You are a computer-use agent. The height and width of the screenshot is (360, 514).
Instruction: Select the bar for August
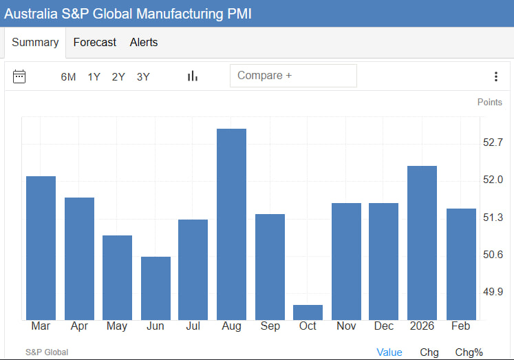click(231, 224)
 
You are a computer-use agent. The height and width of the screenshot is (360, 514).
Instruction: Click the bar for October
click(308, 313)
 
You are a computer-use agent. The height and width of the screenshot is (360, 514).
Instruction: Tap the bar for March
click(41, 248)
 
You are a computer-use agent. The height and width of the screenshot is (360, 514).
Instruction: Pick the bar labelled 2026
click(422, 243)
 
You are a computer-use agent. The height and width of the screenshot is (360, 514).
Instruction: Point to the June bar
click(156, 288)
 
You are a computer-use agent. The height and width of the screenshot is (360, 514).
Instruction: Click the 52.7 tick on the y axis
click(493, 143)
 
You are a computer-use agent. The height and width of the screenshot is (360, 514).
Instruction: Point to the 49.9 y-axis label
click(493, 292)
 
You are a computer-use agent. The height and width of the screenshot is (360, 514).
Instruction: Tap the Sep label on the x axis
click(270, 326)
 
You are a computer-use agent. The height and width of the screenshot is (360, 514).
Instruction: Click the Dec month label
click(383, 326)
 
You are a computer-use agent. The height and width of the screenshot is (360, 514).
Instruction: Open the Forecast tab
click(95, 43)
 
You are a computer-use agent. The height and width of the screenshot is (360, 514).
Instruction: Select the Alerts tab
click(144, 43)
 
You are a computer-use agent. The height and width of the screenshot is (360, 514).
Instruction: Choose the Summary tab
click(35, 43)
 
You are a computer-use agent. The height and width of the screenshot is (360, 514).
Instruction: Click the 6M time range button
click(68, 77)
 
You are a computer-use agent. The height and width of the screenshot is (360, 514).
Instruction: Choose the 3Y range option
click(143, 77)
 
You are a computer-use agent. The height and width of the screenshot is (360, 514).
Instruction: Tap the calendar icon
click(19, 76)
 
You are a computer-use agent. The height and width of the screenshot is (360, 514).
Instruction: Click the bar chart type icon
click(193, 76)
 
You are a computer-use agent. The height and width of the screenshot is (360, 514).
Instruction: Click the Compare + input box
click(293, 76)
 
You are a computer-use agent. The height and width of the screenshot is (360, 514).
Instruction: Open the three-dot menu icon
click(495, 76)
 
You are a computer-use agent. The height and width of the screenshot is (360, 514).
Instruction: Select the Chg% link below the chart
click(469, 352)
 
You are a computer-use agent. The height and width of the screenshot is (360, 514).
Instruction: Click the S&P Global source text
click(47, 352)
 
